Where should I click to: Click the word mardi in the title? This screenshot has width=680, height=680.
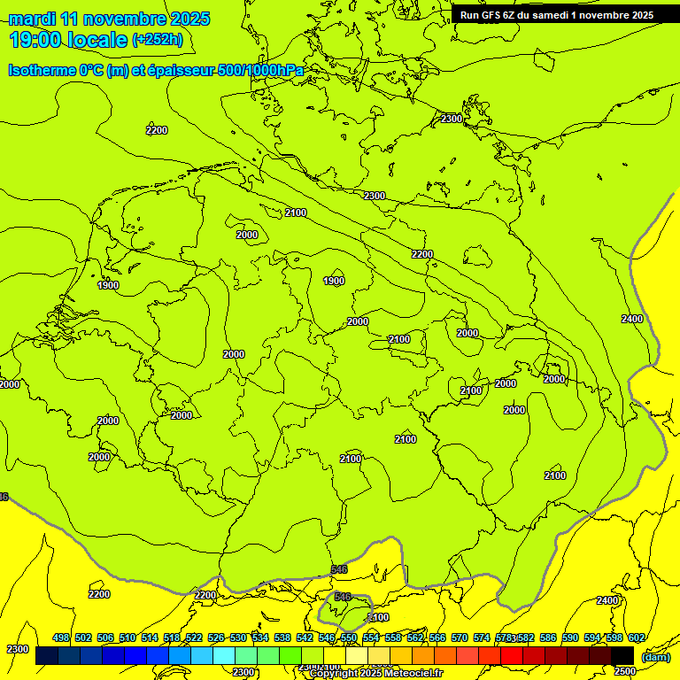[x=33, y=19]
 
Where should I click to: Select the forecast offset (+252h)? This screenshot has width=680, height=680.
[x=158, y=40]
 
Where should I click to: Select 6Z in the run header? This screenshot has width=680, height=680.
[x=517, y=14]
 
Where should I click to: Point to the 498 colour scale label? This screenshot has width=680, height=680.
[x=61, y=637]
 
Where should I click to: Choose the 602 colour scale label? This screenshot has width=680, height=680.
[x=636, y=637]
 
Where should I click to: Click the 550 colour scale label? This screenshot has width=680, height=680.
[x=349, y=637]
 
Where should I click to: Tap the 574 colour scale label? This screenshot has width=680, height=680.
[x=482, y=637]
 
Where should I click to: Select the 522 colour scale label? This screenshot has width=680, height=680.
[x=194, y=637]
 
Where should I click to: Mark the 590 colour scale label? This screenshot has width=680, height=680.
[x=570, y=637]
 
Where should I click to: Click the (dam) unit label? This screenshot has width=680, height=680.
[x=655, y=656]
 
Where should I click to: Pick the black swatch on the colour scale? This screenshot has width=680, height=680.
[x=622, y=655]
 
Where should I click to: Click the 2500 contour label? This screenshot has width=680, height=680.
[x=624, y=671]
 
